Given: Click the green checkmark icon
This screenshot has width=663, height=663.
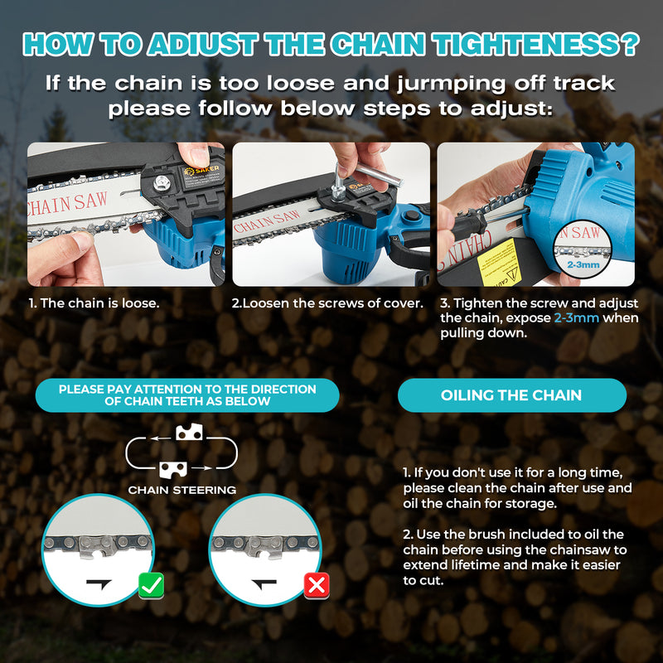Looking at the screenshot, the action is [x=152, y=585].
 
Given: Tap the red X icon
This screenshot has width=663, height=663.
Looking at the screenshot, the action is [x=317, y=586].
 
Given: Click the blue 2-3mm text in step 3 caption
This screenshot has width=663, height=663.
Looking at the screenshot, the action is [x=576, y=318].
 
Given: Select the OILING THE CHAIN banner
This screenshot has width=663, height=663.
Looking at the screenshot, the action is [x=512, y=395].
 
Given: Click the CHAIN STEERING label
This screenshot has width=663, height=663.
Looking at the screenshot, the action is [x=181, y=490].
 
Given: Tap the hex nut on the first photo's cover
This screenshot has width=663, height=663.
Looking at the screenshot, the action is [x=162, y=182].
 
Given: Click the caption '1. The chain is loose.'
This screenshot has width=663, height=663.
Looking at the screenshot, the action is [x=94, y=303].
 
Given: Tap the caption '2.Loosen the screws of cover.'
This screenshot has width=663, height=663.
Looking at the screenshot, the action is [x=327, y=303].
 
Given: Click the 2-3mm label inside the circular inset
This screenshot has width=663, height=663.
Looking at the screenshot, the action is [x=583, y=264].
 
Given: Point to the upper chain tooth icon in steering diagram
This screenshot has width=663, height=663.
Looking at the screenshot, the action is [x=189, y=432].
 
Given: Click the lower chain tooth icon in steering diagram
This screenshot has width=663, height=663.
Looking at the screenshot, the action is [x=173, y=469].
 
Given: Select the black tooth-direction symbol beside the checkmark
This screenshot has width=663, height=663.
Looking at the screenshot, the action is [x=99, y=583].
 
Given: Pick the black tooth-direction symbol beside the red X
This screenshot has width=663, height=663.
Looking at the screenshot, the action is [x=264, y=583].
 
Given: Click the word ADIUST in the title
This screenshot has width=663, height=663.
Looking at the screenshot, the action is [x=202, y=45].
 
